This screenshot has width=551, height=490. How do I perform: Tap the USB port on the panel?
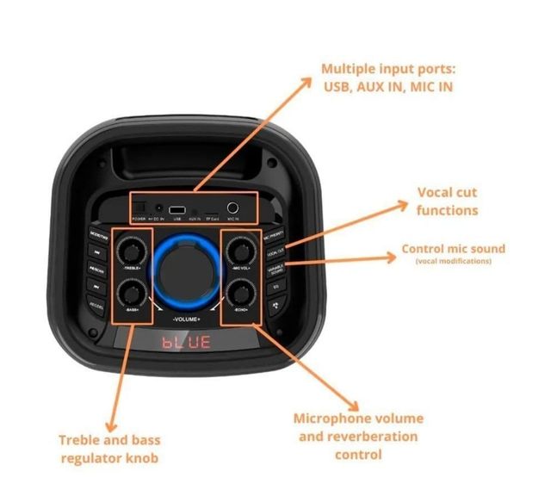(x=176, y=210)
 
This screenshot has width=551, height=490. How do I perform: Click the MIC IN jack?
(x=232, y=208)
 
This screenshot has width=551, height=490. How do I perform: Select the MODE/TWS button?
(x=97, y=233)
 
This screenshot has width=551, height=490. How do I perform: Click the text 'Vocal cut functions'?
(x=447, y=201)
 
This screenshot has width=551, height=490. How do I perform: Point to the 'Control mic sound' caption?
(x=454, y=249)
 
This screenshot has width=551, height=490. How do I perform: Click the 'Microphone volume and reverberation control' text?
(x=358, y=436)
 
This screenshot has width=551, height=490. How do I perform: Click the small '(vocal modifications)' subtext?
(x=454, y=261)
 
